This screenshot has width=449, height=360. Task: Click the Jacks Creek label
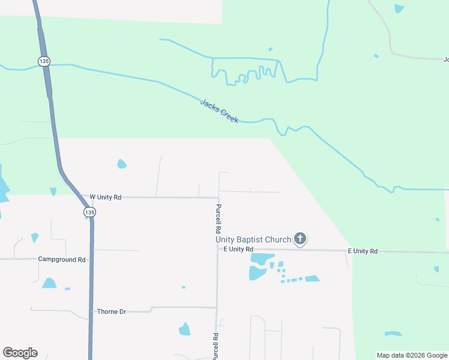219,112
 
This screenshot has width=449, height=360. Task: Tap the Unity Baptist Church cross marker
300,239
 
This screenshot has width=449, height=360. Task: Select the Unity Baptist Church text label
254,239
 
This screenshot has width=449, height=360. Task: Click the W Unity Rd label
106,197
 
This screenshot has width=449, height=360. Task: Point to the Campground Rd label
62,260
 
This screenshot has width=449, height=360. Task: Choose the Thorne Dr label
112,312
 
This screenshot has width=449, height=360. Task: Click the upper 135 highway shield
43,61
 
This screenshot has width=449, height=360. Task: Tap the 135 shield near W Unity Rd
89,212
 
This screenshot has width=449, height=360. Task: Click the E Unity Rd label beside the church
238,249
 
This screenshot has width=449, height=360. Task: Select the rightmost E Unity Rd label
363,251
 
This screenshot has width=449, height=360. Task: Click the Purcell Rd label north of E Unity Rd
218,218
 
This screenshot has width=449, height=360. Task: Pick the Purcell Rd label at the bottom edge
214,347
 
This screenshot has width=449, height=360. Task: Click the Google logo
20,353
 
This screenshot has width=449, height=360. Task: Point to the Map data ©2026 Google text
412,355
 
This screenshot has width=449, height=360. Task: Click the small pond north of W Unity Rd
122,163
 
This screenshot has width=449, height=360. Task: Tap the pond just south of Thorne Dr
184,329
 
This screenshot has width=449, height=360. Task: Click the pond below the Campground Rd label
49,283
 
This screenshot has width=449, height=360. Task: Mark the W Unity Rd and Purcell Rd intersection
218,197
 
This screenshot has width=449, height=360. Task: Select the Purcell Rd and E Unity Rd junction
218,248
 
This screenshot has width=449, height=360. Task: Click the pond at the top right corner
399,8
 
